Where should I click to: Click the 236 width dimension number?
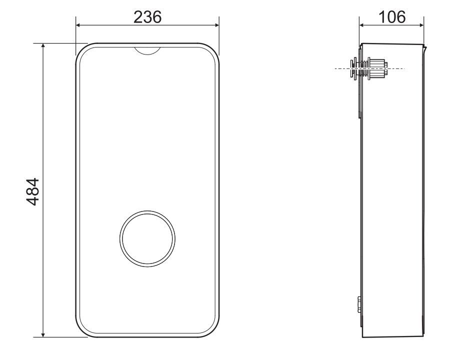click(x=147, y=17)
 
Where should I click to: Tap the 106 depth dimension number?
click(x=391, y=17)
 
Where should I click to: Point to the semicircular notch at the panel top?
click(x=147, y=51)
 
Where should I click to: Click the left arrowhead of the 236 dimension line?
click(x=78, y=25)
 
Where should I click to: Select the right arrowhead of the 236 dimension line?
click(x=216, y=25)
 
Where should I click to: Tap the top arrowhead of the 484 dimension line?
click(x=43, y=46)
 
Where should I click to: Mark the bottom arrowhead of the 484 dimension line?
click(x=43, y=334)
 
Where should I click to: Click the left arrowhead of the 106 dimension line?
click(x=362, y=25)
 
